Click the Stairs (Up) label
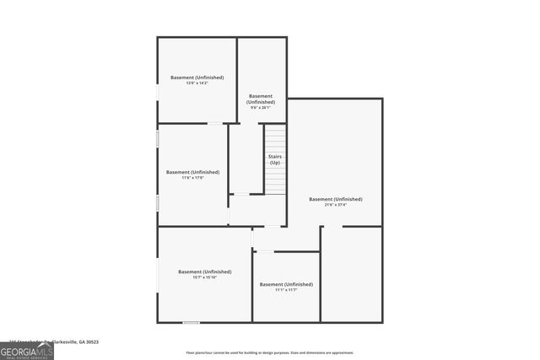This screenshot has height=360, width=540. point(275,159)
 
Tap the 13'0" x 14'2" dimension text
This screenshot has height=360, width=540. point(197,83)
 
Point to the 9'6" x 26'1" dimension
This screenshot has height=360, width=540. point(261,108)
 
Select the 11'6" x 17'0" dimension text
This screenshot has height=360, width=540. point(193,177)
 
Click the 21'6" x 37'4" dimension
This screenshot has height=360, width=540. point(336,205)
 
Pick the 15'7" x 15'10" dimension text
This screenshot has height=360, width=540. point(204,277)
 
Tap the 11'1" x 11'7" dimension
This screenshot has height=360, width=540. point(286,290)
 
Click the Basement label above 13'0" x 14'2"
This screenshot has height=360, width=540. point(197,77)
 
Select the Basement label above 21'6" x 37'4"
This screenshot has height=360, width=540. point(336,199)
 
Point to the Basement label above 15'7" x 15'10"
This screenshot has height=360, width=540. point(204,271)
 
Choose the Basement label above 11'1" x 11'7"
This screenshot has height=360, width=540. point(286,284)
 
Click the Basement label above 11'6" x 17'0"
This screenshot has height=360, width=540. point(193,171)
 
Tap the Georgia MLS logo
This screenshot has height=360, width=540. point(27,349)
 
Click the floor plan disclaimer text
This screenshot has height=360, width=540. point(270,352)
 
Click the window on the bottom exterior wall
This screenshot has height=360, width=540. point(192,322)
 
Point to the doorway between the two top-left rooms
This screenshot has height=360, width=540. point(216,124)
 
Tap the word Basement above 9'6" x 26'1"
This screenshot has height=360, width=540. point(261,96)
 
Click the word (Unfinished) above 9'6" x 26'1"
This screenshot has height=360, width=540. point(261,102)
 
